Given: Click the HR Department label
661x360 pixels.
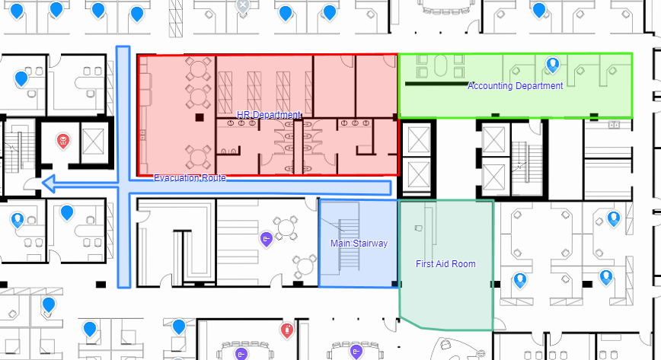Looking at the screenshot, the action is pyautogui.click(x=269, y=115).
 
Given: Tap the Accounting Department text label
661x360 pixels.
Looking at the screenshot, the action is pyautogui.click(x=515, y=86).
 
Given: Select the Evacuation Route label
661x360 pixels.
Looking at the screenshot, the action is pyautogui.click(x=190, y=178).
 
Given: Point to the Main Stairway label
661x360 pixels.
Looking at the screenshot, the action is pyautogui.click(x=359, y=244).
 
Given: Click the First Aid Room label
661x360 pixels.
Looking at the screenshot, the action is pyautogui.click(x=445, y=264).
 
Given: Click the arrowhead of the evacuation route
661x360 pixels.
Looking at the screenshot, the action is pyautogui.click(x=49, y=183).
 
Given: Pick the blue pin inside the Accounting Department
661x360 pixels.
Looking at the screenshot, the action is pyautogui.click(x=553, y=65).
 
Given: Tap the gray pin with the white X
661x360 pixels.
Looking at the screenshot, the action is pyautogui.click(x=243, y=7).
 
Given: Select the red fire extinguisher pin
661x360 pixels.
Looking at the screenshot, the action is pyautogui.click(x=287, y=330).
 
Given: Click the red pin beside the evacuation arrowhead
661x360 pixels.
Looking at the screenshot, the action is pyautogui.click(x=62, y=141).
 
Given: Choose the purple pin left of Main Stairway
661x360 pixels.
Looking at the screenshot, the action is pyautogui.click(x=266, y=240).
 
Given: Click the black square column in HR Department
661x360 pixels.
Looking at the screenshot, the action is pyautogui.click(x=200, y=117).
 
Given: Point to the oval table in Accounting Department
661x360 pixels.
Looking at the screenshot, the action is pyautogui.click(x=440, y=65).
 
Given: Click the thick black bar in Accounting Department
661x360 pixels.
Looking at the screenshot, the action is pyautogui.click(x=437, y=84).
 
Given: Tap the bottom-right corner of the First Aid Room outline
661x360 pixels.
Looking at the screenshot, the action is pyautogui.click(x=493, y=330).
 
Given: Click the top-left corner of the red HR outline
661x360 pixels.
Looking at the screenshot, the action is pyautogui.click(x=138, y=55).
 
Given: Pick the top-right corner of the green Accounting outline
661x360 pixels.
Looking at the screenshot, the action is pyautogui.click(x=632, y=53).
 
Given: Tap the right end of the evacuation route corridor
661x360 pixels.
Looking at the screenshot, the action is pyautogui.click(x=391, y=188).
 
